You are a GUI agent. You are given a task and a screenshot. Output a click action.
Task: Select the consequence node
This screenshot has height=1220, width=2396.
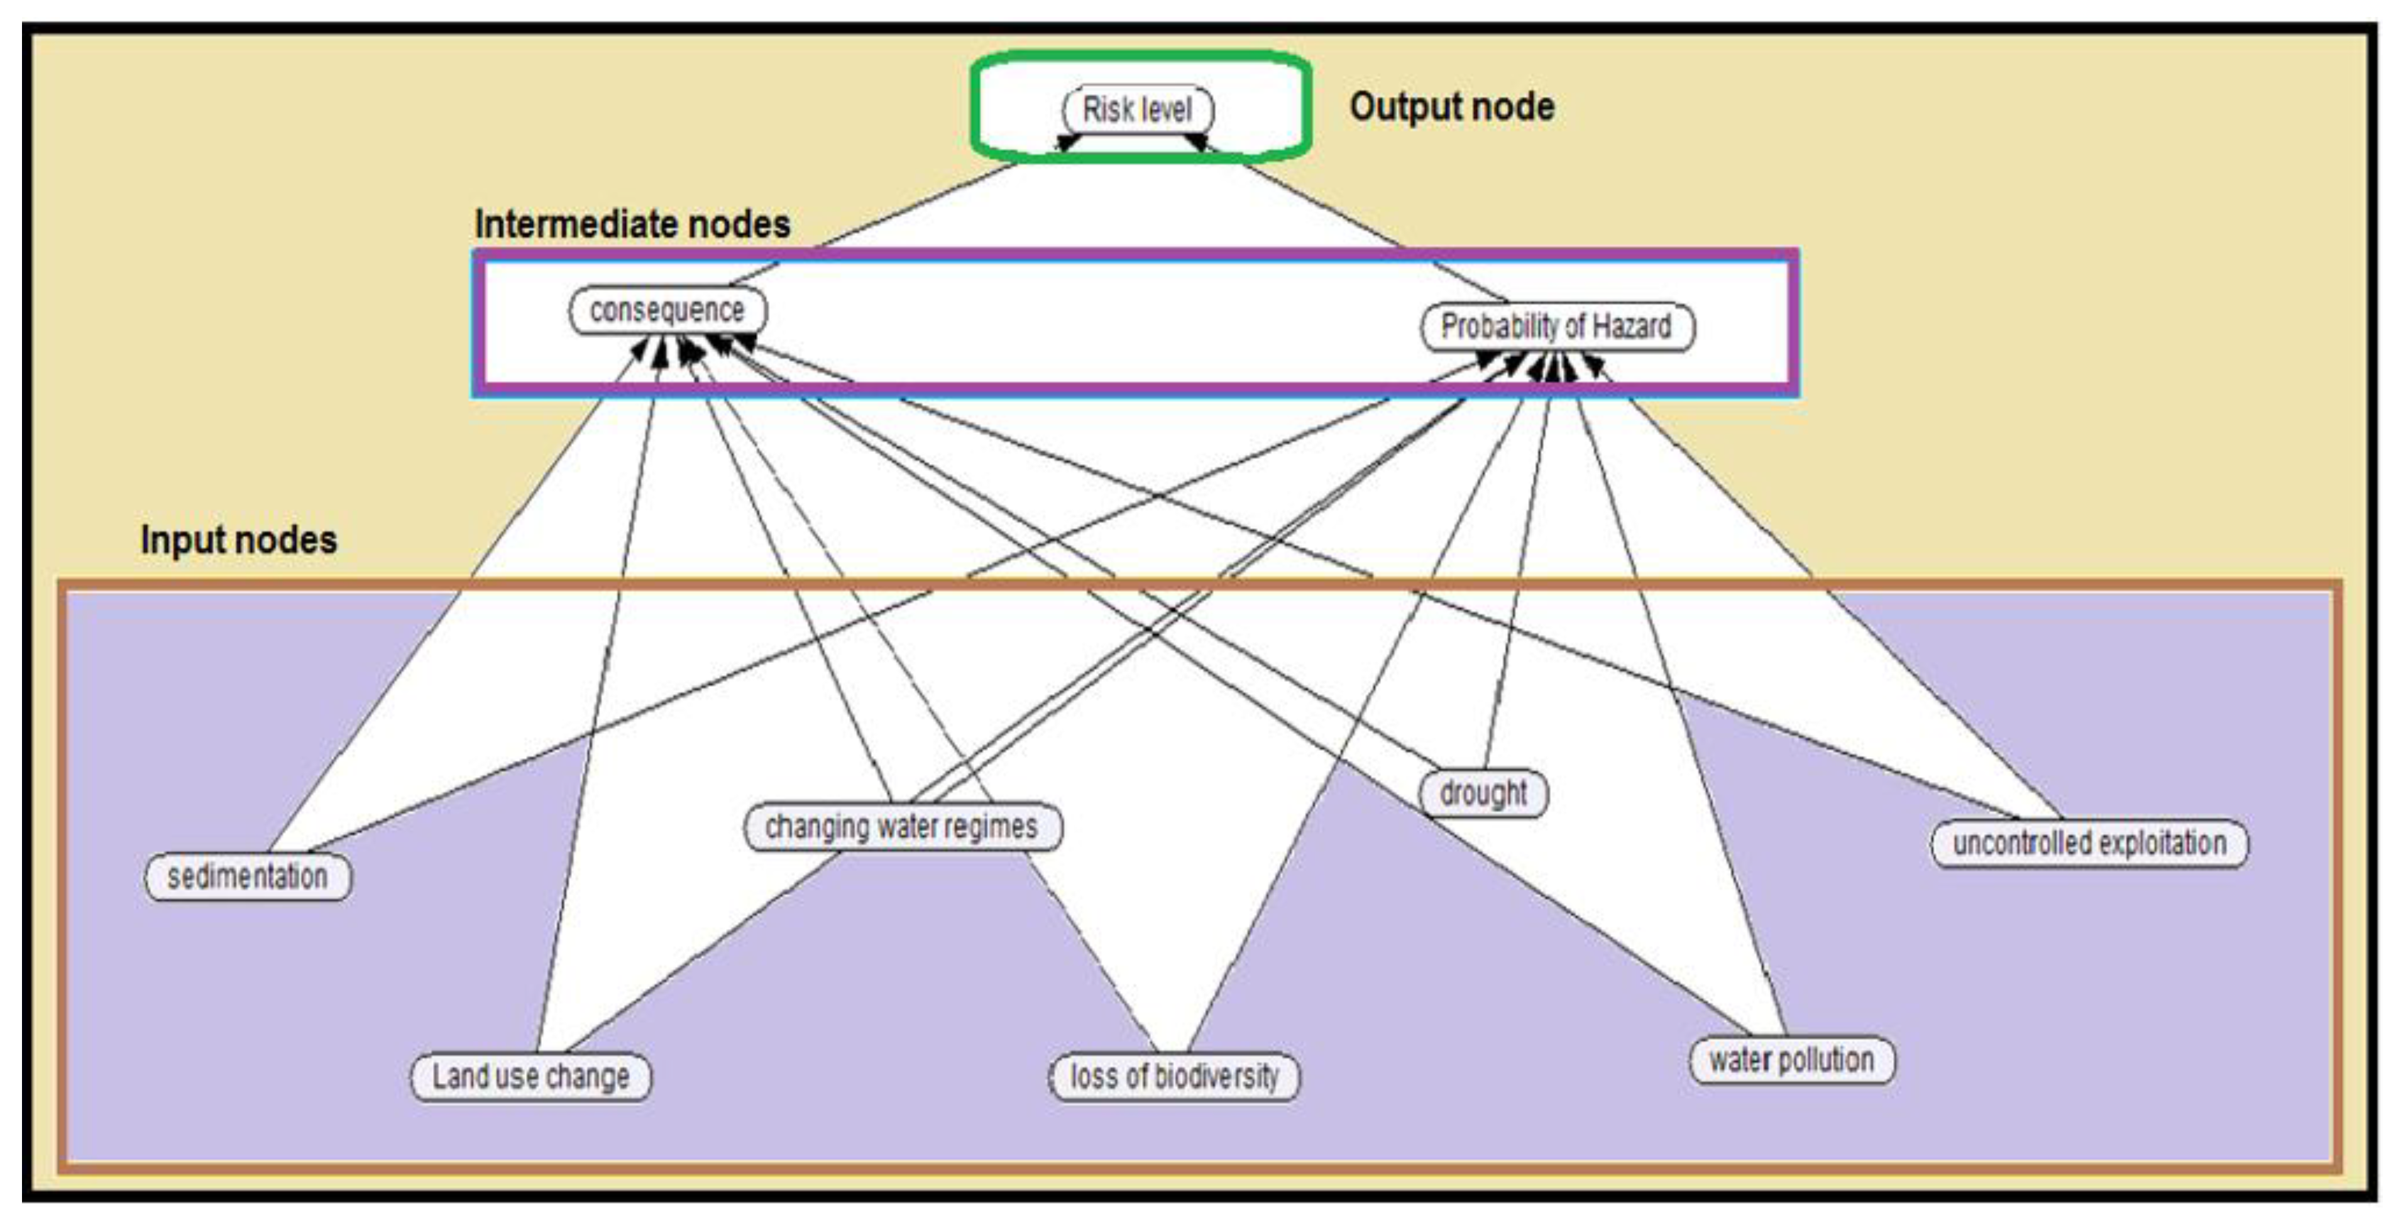(667, 310)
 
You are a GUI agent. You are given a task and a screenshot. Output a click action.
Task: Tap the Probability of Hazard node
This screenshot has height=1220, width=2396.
(1556, 327)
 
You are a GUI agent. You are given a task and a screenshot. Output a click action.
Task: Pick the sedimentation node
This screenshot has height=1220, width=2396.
(248, 876)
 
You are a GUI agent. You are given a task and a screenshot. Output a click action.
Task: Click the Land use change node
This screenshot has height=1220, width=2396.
(530, 1077)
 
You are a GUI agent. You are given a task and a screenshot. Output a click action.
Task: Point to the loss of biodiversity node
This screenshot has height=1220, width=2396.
(1174, 1077)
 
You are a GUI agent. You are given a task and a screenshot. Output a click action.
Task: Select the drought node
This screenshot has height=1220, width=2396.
(1483, 793)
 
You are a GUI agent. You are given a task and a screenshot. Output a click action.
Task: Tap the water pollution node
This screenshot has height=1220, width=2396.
(1791, 1060)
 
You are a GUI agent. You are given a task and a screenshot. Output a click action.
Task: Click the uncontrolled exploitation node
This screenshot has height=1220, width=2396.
(2089, 844)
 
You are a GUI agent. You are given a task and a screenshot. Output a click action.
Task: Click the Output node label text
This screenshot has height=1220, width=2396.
(1451, 107)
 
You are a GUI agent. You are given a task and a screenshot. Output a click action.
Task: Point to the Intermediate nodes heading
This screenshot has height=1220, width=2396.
(632, 224)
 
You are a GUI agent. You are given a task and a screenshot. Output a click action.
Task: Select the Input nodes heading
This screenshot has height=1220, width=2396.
(239, 540)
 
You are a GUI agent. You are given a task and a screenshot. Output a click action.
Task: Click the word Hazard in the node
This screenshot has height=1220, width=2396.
(1632, 327)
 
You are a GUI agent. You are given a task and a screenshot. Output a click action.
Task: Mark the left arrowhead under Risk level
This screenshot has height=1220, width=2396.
(1068, 142)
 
